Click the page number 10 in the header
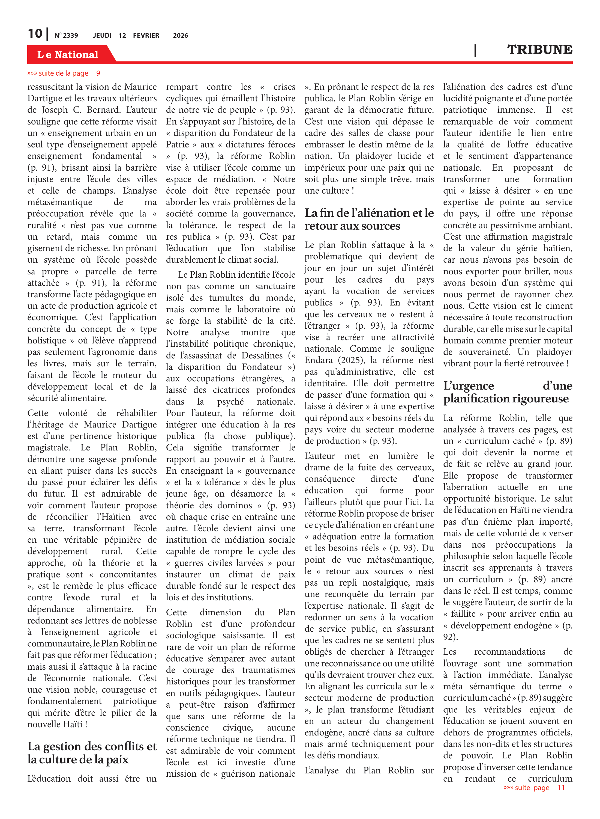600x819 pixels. click(x=35, y=34)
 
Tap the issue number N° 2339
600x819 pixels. click(x=66, y=35)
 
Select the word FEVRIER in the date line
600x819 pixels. click(x=146, y=35)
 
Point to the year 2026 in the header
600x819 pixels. click(x=181, y=35)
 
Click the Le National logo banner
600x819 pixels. click(x=68, y=55)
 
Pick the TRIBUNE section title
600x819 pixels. click(x=539, y=49)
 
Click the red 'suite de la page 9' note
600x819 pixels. click(x=64, y=73)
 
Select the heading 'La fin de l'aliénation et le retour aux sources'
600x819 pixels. click(x=369, y=219)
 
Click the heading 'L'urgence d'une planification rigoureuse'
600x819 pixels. click(x=507, y=392)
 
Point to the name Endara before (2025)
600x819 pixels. click(x=319, y=360)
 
